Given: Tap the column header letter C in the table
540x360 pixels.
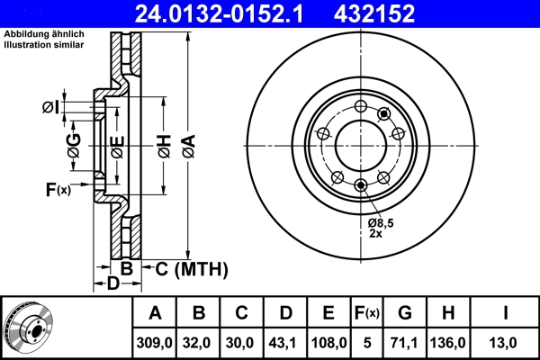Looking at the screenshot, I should point(241,313).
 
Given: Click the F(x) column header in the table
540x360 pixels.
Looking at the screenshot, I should point(366,313).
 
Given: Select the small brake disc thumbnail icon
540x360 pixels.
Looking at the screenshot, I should point(28,327).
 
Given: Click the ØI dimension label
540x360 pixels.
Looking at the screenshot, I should point(51,108).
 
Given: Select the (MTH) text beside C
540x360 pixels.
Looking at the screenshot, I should point(200,269).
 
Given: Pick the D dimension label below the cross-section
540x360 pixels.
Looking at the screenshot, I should point(112,285).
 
